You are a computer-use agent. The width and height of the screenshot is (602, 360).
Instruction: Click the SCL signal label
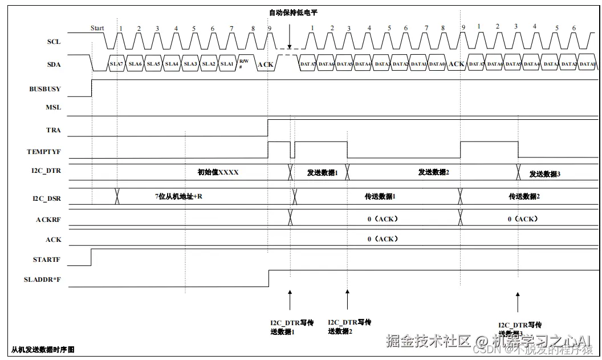[x=53, y=42]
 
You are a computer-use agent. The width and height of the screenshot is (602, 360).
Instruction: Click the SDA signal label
[x=53, y=64]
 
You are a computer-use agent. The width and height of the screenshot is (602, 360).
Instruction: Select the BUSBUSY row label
[x=45, y=89]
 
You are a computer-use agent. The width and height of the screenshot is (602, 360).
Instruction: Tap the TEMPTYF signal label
[x=43, y=152]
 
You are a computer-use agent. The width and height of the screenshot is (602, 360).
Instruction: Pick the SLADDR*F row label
[x=43, y=280]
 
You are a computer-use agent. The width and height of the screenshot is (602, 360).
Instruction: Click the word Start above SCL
[x=97, y=28]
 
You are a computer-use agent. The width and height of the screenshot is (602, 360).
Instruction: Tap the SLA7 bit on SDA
[x=116, y=64]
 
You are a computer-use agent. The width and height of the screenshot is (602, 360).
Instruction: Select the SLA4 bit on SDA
[x=172, y=64]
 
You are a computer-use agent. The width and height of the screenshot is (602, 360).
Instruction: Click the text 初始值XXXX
[x=218, y=172]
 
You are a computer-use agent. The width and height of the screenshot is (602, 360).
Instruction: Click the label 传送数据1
[x=380, y=196]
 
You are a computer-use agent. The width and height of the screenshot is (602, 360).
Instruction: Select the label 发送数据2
[x=434, y=172]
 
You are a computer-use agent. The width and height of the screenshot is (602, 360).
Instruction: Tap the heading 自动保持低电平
[x=293, y=12]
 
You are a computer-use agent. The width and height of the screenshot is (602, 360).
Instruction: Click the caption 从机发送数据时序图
[x=43, y=349]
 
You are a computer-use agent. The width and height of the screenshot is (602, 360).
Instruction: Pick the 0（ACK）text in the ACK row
[x=383, y=239]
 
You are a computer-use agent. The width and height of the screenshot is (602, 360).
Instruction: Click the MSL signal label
[x=53, y=107]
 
